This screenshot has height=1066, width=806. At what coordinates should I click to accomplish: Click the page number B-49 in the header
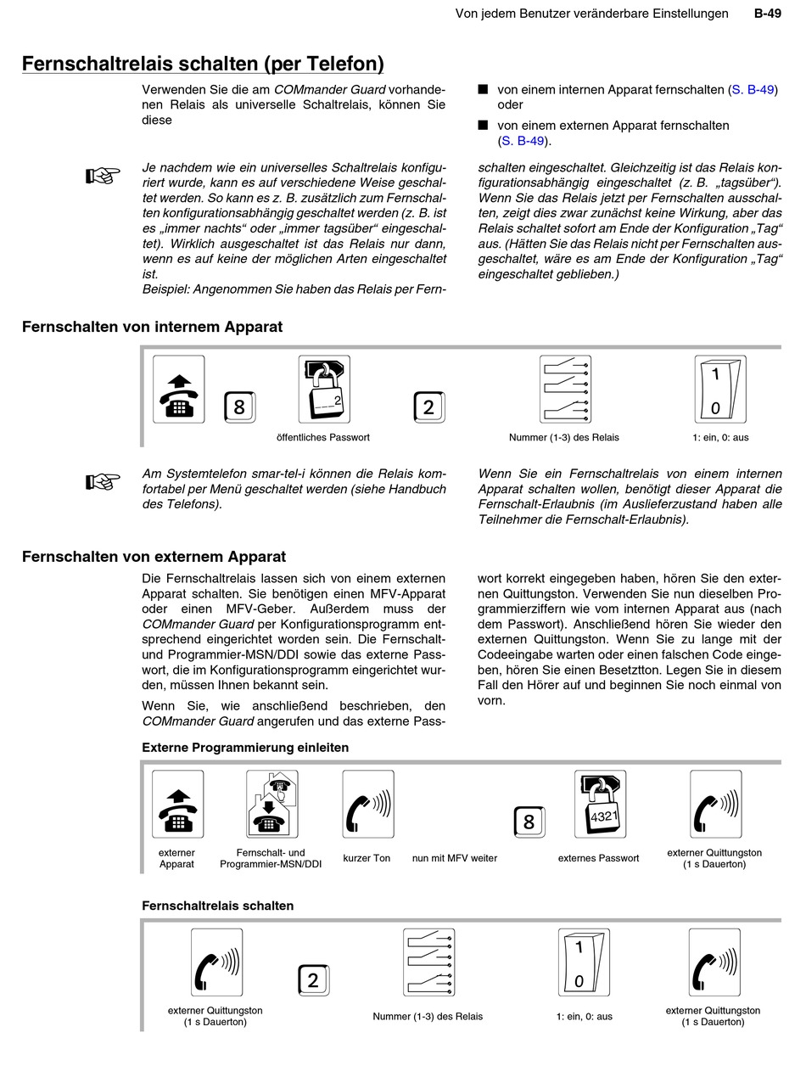click(767, 14)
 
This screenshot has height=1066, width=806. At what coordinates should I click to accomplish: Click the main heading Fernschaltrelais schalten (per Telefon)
click(203, 65)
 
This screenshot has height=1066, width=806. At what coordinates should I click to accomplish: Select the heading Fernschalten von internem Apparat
click(152, 327)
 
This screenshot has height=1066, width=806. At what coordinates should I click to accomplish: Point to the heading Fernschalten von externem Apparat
click(154, 557)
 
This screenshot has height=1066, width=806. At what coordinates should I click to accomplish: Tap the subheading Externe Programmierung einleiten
click(245, 748)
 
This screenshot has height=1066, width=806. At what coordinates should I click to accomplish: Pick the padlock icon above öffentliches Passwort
click(324, 390)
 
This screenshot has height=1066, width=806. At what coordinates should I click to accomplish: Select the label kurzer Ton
click(367, 858)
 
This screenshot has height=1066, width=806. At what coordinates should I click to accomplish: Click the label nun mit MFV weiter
click(455, 858)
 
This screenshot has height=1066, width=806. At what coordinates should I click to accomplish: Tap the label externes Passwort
click(598, 858)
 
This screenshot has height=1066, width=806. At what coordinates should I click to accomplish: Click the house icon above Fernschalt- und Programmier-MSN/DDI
click(272, 805)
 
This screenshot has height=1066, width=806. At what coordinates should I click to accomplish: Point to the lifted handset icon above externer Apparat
click(177, 805)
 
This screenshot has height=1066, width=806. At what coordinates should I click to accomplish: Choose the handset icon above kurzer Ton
click(368, 805)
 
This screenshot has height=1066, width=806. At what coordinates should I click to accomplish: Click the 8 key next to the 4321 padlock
click(529, 822)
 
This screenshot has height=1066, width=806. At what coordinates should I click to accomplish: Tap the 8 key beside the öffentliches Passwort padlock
click(239, 407)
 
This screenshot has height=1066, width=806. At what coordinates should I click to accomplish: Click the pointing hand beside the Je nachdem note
click(103, 176)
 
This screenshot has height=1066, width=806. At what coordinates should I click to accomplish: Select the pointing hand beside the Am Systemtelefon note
click(103, 481)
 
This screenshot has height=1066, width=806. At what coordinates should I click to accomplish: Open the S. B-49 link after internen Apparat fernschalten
click(753, 89)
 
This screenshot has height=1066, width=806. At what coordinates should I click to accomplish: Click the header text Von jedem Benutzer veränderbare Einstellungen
click(591, 14)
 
